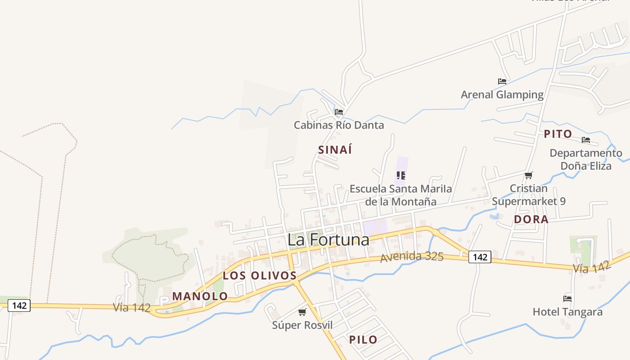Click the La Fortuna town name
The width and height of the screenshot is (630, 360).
[x=328, y=239]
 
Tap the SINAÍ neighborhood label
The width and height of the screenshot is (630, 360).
[x=335, y=150]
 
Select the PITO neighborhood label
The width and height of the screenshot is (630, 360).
[x=558, y=134]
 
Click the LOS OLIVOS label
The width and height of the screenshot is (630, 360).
[x=260, y=275]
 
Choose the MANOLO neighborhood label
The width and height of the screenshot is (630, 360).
[x=200, y=296]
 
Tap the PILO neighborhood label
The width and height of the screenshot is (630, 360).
[x=363, y=339]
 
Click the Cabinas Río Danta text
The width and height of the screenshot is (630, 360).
[x=339, y=125]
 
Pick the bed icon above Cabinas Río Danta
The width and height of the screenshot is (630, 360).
[x=339, y=112]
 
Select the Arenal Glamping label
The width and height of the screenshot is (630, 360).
[x=502, y=94]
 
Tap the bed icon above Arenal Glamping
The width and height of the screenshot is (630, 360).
[x=502, y=81]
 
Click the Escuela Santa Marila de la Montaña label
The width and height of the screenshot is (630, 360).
[x=400, y=195]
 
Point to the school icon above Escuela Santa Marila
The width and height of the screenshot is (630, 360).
[x=401, y=175]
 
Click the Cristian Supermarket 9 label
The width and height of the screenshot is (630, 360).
[x=529, y=195]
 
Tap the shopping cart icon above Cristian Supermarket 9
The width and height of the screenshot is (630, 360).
[x=529, y=175]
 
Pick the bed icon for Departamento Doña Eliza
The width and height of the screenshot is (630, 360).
[x=586, y=140]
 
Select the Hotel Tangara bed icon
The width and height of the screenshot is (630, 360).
[x=567, y=298]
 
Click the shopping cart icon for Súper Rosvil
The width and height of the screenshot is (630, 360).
[x=302, y=312]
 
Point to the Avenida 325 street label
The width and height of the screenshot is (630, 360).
[x=412, y=257]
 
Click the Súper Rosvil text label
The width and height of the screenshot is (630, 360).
[x=302, y=325]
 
